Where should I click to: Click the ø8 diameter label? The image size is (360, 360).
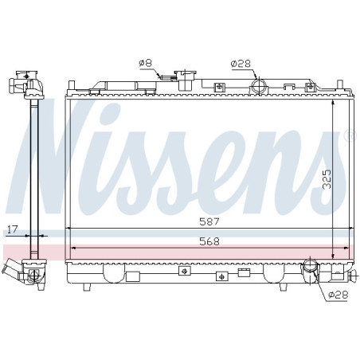click(145, 63)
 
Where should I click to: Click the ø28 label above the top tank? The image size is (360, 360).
click(241, 64)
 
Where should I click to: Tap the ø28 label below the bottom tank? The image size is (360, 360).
click(338, 295)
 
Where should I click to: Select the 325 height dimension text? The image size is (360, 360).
click(328, 179)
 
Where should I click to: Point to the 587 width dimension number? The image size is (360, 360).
click(209, 221)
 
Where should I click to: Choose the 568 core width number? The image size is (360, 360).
click(209, 241)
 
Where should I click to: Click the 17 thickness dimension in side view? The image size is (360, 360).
click(13, 229)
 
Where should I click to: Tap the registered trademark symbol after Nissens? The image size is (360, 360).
click(348, 135)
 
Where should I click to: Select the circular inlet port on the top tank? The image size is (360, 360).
click(259, 86)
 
